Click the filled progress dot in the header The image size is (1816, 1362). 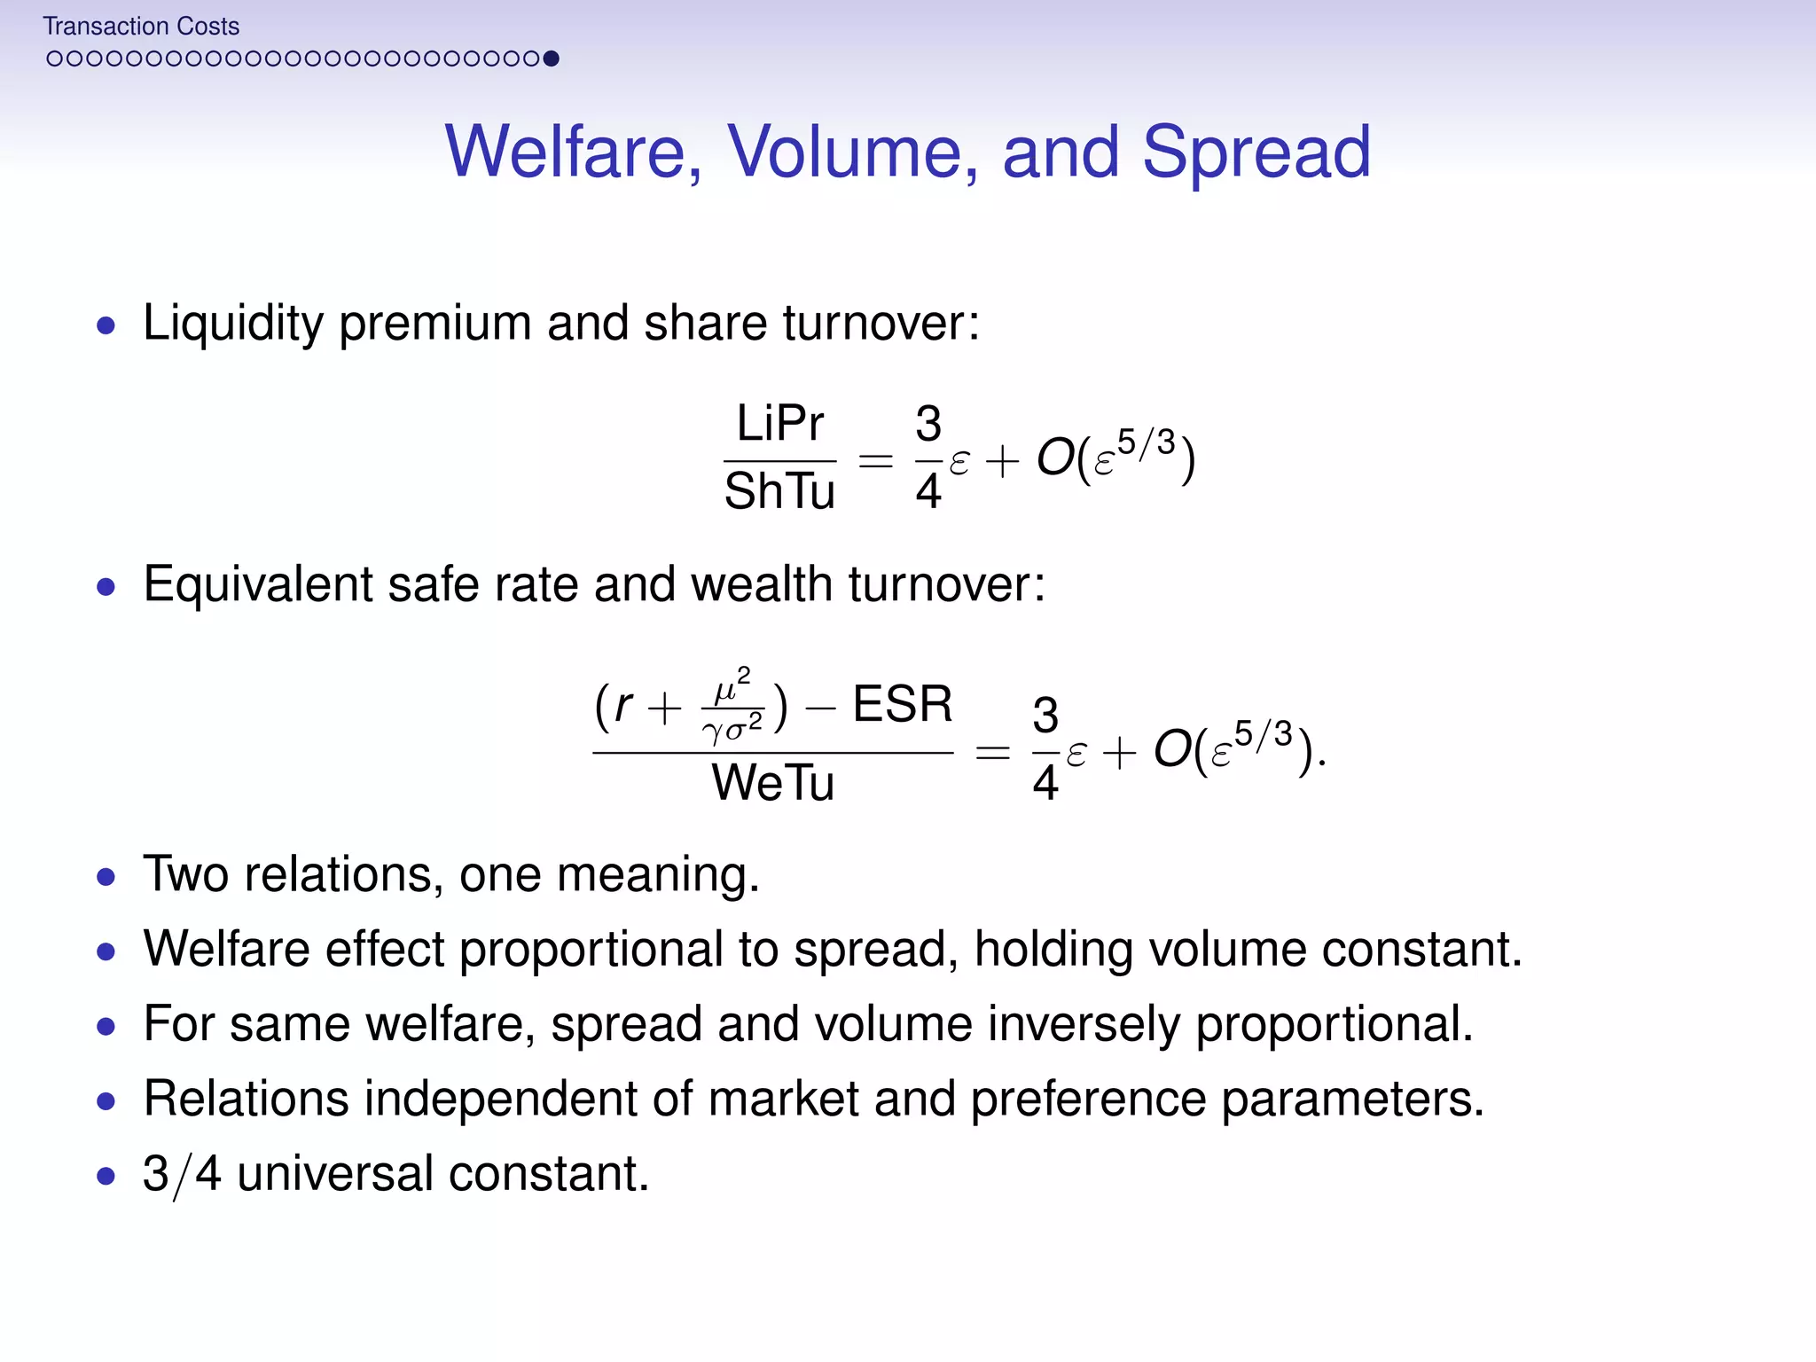click(x=551, y=59)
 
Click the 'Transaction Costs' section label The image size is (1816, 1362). click(x=141, y=27)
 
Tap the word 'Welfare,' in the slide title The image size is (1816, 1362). click(x=574, y=152)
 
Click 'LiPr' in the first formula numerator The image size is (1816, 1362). click(x=779, y=423)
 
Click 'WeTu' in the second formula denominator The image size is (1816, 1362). click(x=772, y=782)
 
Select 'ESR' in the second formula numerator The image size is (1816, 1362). click(x=902, y=705)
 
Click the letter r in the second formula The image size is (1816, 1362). click(x=623, y=707)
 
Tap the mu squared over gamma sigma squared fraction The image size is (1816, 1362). click(x=732, y=707)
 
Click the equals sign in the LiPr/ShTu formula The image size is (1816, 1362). click(x=875, y=460)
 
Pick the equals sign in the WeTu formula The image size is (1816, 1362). click(x=992, y=753)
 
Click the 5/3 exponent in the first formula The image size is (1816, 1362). click(x=1146, y=442)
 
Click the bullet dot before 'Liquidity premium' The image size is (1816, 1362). click(x=106, y=325)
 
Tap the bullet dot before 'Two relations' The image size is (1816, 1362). click(x=106, y=878)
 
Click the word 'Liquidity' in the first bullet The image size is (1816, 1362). click(x=232, y=323)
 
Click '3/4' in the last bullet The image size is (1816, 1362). click(x=181, y=1174)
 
